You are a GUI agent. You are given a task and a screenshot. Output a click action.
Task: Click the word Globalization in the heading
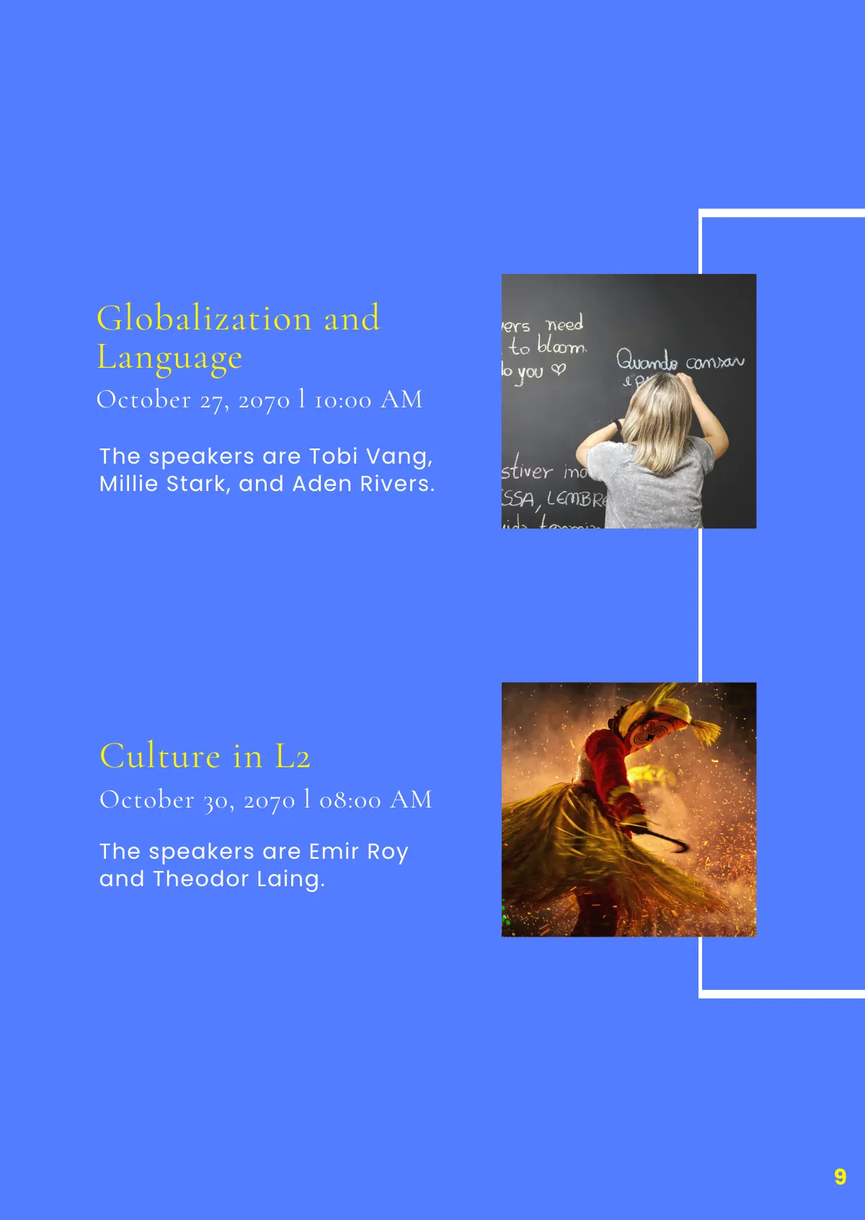(204, 318)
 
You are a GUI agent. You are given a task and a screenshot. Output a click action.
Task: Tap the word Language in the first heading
(169, 358)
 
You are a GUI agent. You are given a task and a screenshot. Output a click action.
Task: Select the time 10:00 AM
(368, 399)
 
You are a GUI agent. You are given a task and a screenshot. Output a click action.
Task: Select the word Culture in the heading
(160, 756)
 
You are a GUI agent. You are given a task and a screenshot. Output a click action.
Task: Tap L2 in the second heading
(292, 757)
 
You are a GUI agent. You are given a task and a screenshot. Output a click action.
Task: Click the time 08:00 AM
(376, 800)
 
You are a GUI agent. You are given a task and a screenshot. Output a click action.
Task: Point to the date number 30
(216, 800)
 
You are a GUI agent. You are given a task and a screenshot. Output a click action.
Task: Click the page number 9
(840, 1177)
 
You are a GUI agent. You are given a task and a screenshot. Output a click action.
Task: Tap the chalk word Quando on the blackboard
(647, 360)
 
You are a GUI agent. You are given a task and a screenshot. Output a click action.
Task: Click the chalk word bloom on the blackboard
(562, 346)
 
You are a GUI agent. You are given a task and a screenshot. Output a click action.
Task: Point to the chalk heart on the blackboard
(558, 369)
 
